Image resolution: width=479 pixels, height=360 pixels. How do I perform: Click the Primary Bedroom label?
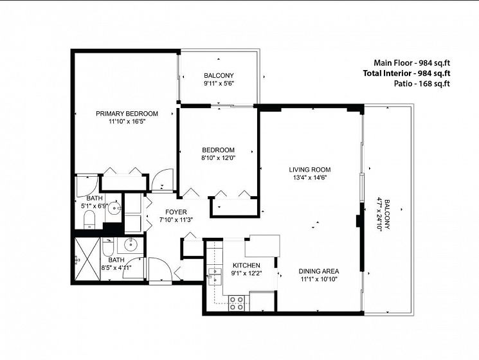tap(127, 114)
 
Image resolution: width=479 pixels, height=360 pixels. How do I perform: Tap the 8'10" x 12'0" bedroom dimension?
tap(219, 158)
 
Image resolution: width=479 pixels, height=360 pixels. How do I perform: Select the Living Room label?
tap(310, 170)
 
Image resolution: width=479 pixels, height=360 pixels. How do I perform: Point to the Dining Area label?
tap(319, 271)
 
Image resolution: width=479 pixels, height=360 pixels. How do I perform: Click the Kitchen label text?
tap(246, 265)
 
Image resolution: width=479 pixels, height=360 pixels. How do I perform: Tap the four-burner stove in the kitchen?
tap(237, 303)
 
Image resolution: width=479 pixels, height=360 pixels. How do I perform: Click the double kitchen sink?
tap(215, 275)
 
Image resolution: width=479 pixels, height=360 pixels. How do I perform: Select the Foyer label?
tap(176, 212)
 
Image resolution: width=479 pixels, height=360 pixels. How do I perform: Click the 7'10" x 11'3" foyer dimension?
tap(176, 220)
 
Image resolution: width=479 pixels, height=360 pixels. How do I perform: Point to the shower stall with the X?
tap(87, 259)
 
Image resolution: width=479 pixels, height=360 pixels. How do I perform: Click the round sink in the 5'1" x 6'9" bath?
tap(115, 208)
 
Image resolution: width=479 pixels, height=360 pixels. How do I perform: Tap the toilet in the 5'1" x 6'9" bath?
tap(89, 220)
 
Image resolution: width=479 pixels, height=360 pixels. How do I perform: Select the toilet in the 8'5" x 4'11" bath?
tap(108, 248)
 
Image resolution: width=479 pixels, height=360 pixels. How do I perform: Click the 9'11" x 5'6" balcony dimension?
tap(219, 83)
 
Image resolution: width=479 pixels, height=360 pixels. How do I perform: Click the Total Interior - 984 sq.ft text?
tap(406, 73)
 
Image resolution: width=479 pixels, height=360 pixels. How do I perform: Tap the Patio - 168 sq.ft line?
tap(422, 84)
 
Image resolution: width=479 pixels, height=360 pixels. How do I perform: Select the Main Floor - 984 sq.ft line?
tap(411, 63)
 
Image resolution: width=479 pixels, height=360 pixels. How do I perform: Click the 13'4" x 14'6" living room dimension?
tap(310, 177)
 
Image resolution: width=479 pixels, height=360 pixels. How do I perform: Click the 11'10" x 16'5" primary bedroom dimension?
tap(127, 122)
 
